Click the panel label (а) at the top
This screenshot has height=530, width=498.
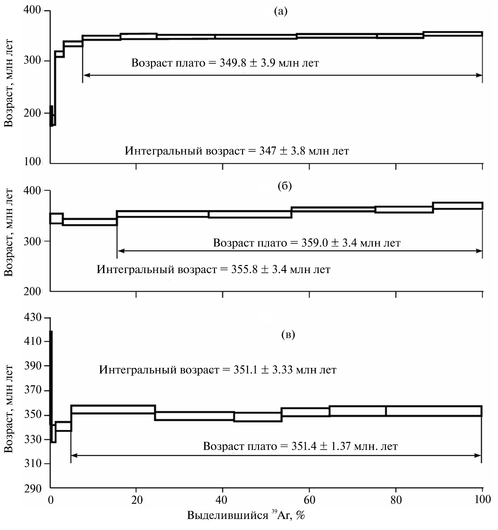pyautogui.click(x=281, y=11)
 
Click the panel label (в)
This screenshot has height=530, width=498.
pyautogui.click(x=288, y=335)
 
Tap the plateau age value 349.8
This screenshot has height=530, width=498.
pyautogui.click(x=233, y=63)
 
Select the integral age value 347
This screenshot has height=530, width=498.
pyautogui.click(x=268, y=151)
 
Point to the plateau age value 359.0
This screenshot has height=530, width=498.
pyautogui.click(x=315, y=243)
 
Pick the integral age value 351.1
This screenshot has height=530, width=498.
pyautogui.click(x=247, y=370)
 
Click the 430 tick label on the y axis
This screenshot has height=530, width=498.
pyautogui.click(x=32, y=317)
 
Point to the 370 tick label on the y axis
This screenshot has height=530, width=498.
pyautogui.click(x=32, y=390)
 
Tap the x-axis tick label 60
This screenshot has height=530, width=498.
pyautogui.click(x=309, y=500)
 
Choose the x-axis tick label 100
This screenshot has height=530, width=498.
pyautogui.click(x=481, y=500)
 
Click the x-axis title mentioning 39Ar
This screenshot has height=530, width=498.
pyautogui.click(x=246, y=515)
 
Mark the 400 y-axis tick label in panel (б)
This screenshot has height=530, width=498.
pyautogui.click(x=32, y=191)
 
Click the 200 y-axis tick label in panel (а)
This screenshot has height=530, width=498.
pyautogui.click(x=32, y=113)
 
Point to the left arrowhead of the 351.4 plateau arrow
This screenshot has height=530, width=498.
pyautogui.click(x=73, y=455)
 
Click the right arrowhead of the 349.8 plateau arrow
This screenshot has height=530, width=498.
pyautogui.click(x=480, y=75)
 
